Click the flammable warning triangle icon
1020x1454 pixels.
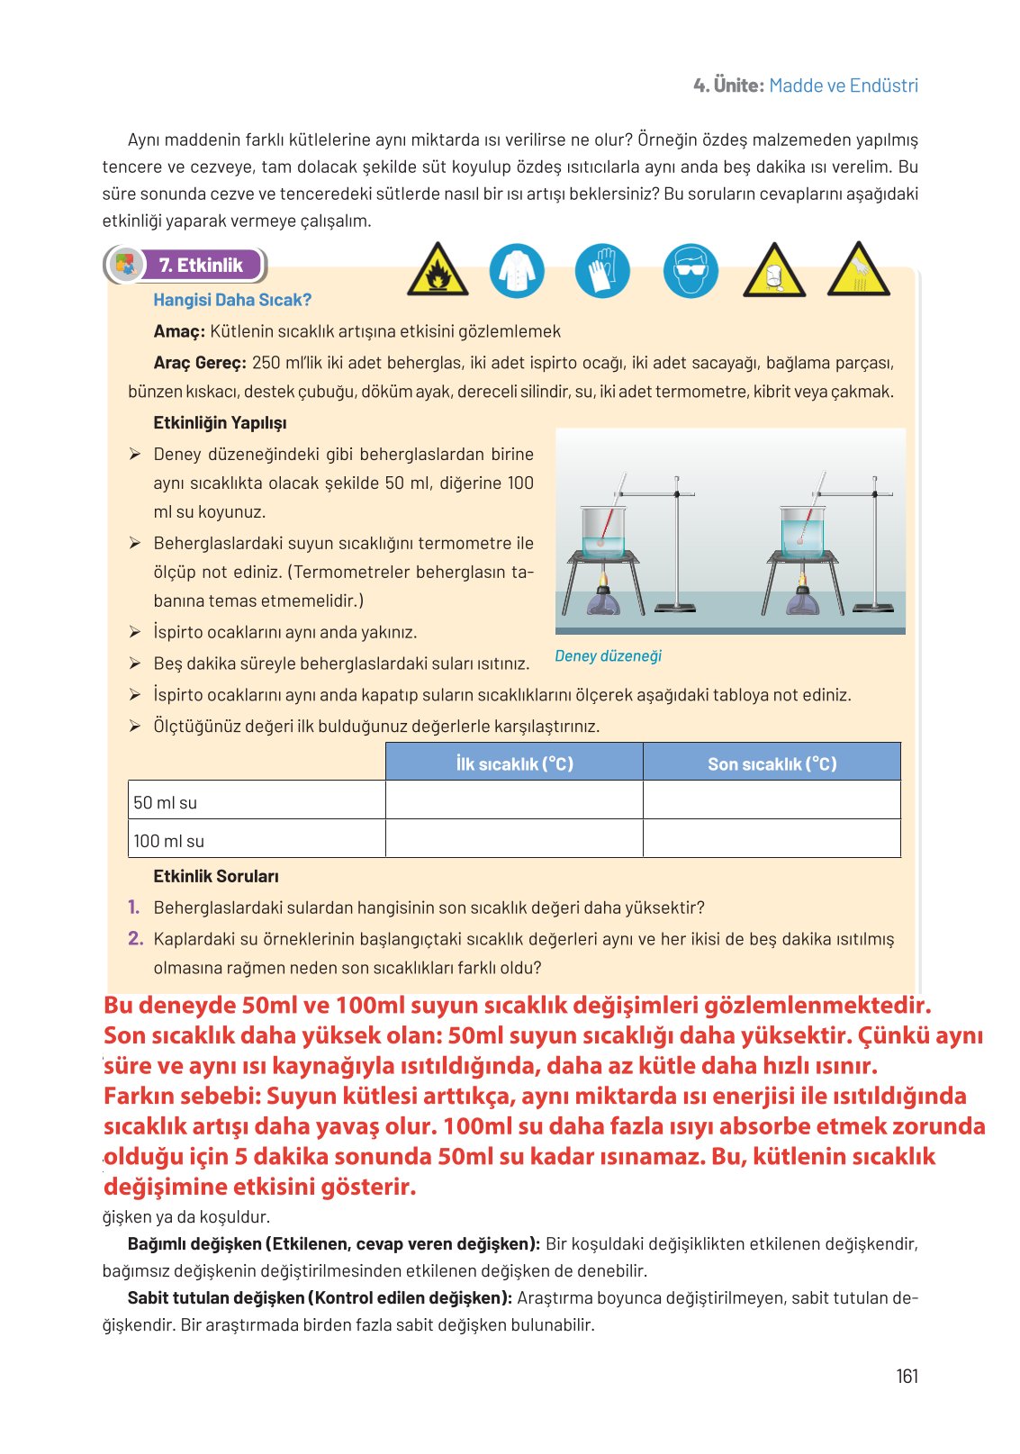[x=438, y=271]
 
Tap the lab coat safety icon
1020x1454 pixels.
[x=517, y=270]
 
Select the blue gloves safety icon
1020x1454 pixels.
[x=602, y=270]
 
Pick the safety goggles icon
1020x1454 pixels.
[x=691, y=270]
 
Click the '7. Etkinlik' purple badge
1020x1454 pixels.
[x=200, y=265]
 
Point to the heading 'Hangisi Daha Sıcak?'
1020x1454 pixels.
[x=232, y=300]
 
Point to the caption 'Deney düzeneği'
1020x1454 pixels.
[x=608, y=655]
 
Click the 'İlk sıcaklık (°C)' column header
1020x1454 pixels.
[x=514, y=763]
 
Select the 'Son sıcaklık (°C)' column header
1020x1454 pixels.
[x=772, y=763]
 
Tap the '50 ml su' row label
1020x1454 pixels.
[x=166, y=802]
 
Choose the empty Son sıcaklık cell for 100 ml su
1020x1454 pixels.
[x=772, y=839]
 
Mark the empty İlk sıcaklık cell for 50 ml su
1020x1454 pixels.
[x=514, y=800]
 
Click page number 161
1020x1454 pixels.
[x=907, y=1376]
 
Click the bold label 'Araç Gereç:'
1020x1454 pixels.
[x=199, y=363]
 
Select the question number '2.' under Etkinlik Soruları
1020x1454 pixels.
[x=136, y=939]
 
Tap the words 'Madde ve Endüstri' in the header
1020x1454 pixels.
[x=844, y=86]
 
